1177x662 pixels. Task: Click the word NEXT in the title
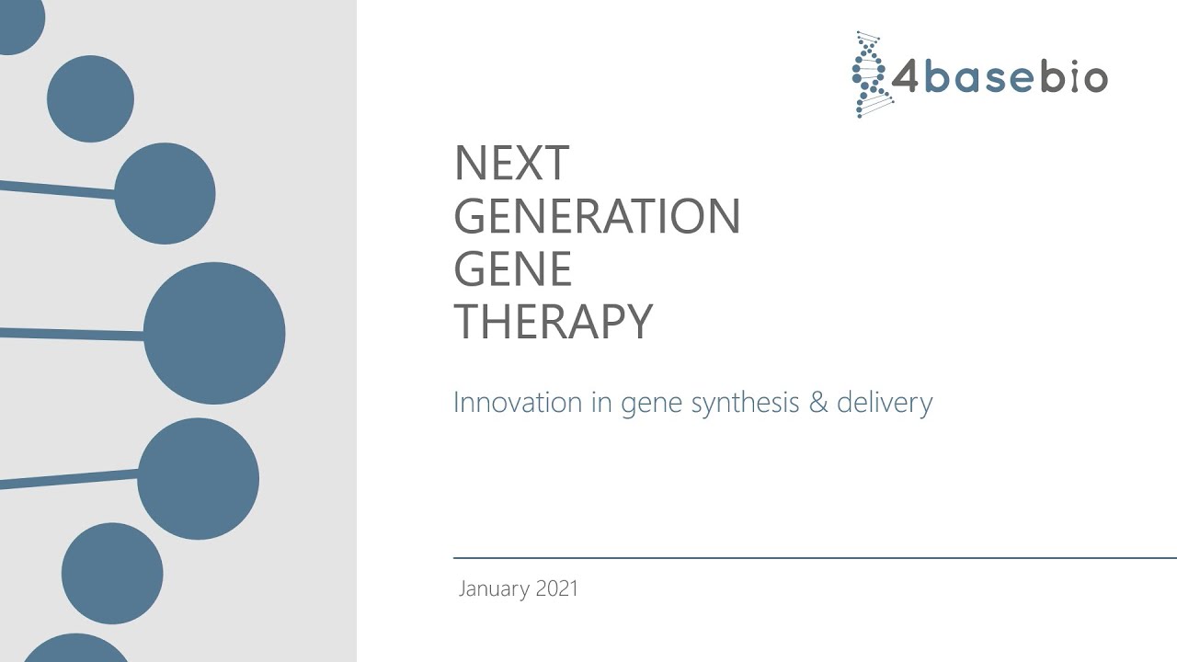[511, 164]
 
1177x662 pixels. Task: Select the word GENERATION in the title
[597, 217]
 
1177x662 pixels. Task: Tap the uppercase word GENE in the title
[513, 269]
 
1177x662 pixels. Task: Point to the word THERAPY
[553, 322]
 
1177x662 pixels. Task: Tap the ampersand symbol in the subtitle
[818, 403]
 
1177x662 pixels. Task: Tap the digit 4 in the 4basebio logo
[905, 79]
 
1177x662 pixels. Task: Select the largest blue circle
[214, 333]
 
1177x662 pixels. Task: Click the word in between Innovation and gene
[602, 403]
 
